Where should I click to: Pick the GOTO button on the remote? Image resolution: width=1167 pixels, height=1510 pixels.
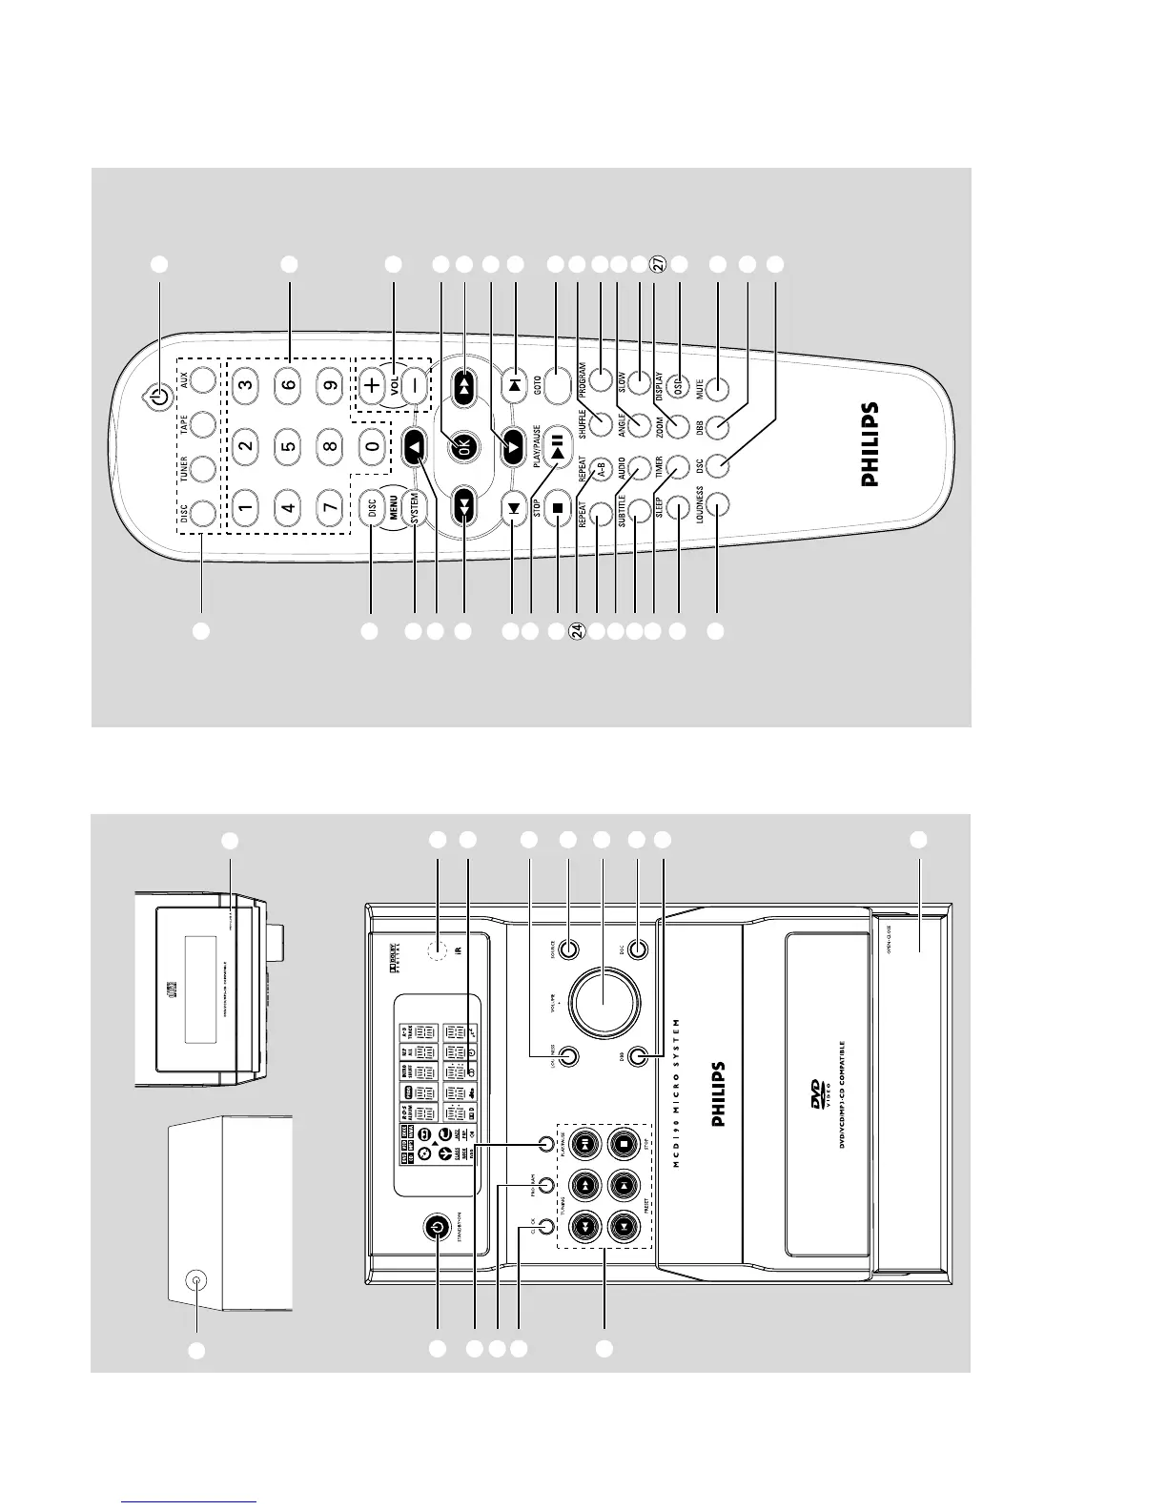click(x=555, y=388)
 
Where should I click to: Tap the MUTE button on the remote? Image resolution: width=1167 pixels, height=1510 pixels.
click(x=717, y=389)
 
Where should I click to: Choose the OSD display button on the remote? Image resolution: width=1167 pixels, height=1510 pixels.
click(x=680, y=389)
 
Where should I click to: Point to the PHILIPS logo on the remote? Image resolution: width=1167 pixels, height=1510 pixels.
click(x=870, y=445)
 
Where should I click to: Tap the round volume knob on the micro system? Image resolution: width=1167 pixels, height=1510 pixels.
click(x=604, y=1002)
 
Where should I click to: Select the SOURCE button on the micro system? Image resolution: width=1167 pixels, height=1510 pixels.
click(x=568, y=949)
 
